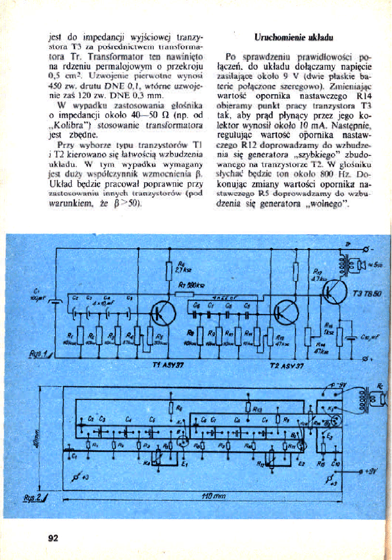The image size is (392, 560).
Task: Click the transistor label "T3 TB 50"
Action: (x=364, y=293)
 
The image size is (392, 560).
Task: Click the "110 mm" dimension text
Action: (x=210, y=495)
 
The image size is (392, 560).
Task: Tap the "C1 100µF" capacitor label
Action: (x=37, y=296)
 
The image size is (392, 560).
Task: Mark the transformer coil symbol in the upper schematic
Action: (x=343, y=264)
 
